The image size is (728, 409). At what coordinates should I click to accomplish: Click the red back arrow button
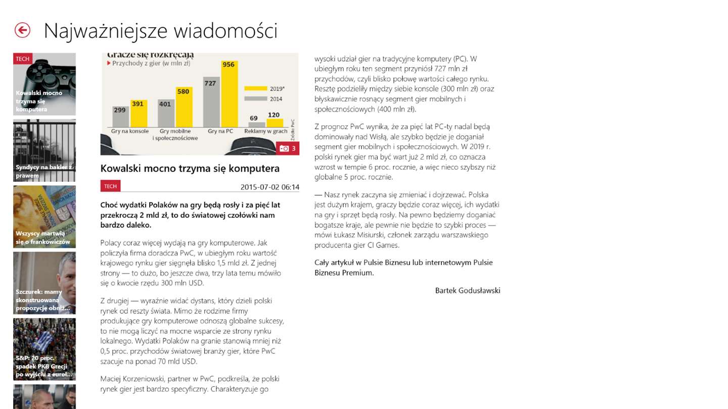tap(22, 30)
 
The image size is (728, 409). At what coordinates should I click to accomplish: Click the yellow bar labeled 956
tap(229, 93)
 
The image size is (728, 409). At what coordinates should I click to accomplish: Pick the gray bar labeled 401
tap(165, 113)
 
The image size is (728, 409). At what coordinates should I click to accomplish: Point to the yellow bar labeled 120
tap(274, 122)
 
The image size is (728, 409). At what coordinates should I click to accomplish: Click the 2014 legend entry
tap(264, 99)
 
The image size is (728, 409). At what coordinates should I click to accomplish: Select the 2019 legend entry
tap(264, 88)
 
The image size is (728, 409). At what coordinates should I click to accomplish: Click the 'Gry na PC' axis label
tap(220, 131)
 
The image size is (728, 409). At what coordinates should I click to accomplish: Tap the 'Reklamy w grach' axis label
tap(265, 131)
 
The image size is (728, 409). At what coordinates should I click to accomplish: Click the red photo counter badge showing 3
tap(288, 148)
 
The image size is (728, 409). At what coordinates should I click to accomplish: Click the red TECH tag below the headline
tap(110, 186)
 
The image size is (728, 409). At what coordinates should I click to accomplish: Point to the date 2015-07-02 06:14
tap(269, 187)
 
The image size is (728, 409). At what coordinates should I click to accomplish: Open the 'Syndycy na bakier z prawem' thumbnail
tap(44, 150)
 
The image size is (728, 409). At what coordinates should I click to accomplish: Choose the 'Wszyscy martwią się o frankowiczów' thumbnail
tap(44, 217)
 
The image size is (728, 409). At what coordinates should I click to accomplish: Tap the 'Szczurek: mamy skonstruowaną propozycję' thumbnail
tap(44, 283)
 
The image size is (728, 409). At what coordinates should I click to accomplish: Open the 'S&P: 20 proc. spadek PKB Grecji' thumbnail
tap(44, 349)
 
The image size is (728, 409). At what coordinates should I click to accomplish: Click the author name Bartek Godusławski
tap(468, 290)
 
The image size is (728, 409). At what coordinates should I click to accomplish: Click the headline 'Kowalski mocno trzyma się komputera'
tap(190, 168)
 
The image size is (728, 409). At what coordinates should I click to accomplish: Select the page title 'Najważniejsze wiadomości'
tap(160, 31)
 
